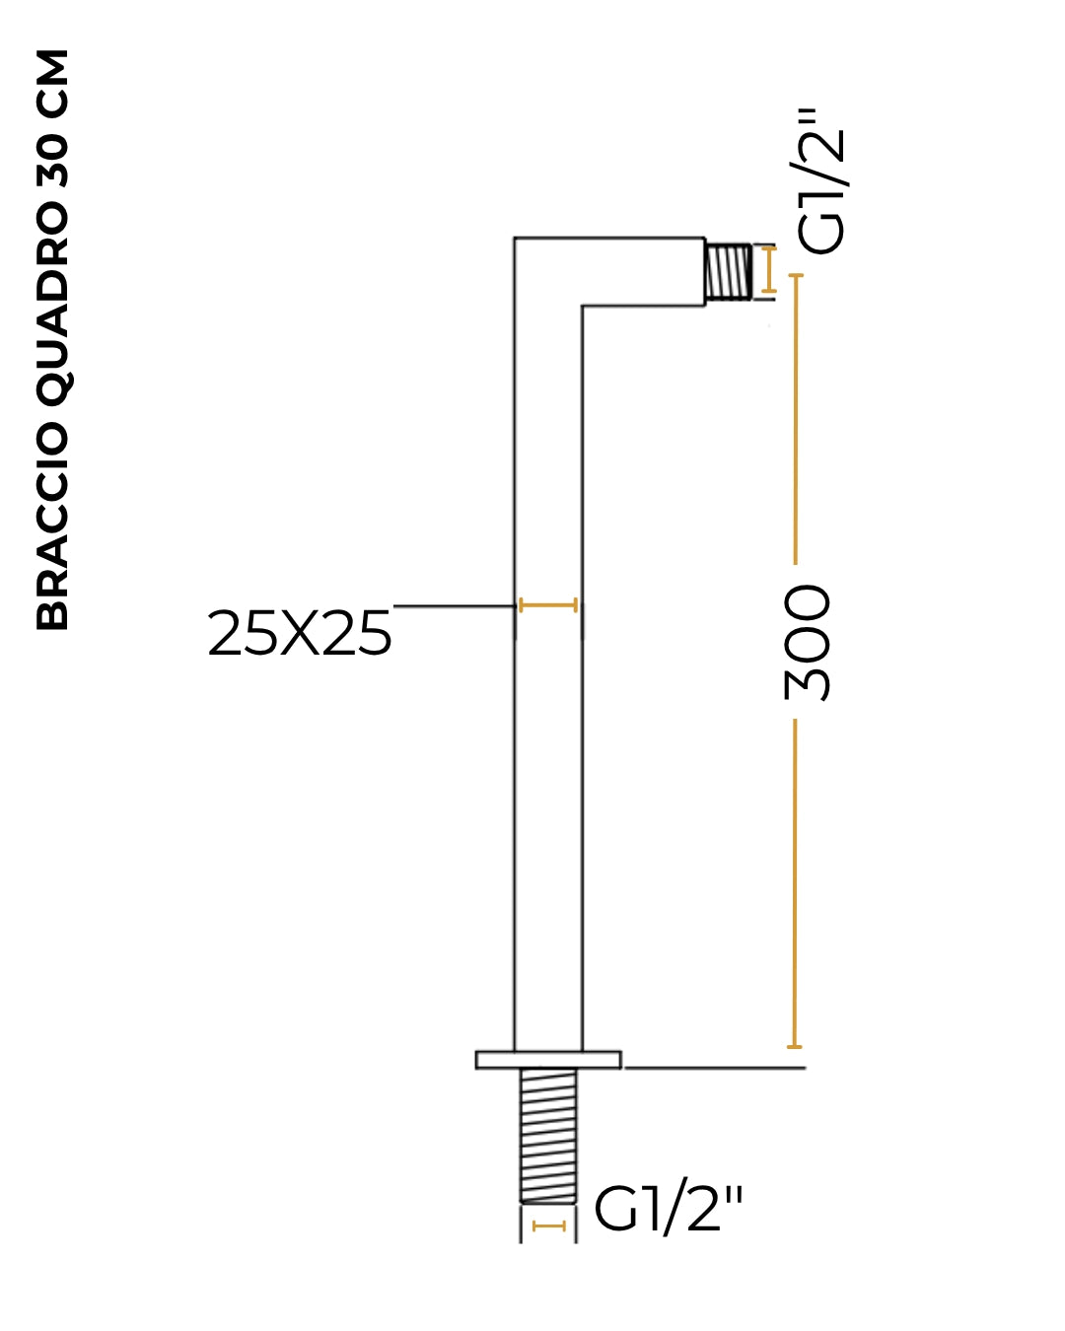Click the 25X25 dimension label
pyautogui.click(x=299, y=633)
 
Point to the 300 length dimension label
pyautogui.click(x=805, y=643)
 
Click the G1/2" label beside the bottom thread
pyautogui.click(x=668, y=1211)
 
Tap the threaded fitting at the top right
pyautogui.click(x=729, y=271)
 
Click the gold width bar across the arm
pyautogui.click(x=548, y=605)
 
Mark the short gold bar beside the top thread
pyautogui.click(x=768, y=269)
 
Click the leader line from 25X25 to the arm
pyautogui.click(x=455, y=606)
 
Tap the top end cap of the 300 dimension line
pyautogui.click(x=795, y=275)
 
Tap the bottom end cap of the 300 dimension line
pyautogui.click(x=795, y=1047)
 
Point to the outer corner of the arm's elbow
pyautogui.click(x=514, y=238)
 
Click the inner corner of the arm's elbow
pyautogui.click(x=582, y=305)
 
